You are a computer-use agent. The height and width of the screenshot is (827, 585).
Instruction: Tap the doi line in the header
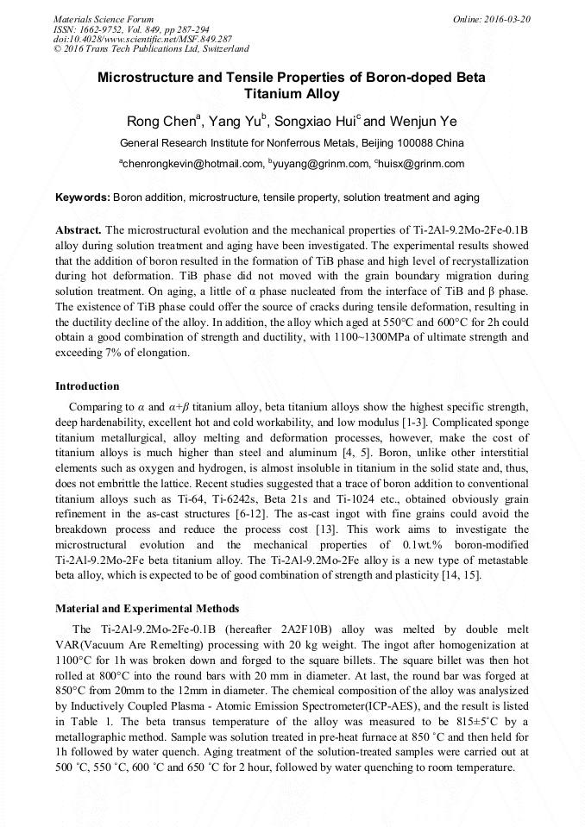(142, 39)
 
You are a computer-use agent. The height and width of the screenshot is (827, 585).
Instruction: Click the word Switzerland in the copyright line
(223, 49)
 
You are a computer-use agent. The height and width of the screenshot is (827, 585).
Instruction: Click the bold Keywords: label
(83, 197)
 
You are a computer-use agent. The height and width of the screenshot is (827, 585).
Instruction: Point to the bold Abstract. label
(79, 230)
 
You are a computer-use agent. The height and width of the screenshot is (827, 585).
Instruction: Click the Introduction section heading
(87, 385)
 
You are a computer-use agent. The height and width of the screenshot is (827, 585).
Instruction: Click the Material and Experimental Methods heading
(148, 609)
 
